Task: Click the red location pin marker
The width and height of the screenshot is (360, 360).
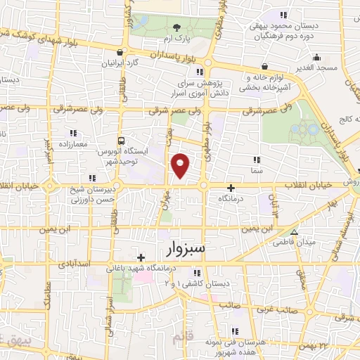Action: tap(181, 165)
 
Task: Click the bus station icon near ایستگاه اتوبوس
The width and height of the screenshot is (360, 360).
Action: tap(122, 140)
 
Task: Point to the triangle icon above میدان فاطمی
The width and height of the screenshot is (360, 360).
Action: tap(294, 232)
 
